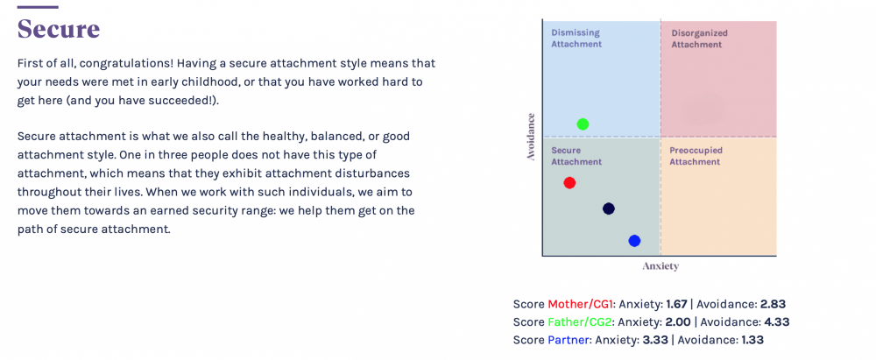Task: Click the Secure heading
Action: click(59, 29)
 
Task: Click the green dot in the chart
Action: click(583, 124)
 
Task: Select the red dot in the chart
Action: click(569, 182)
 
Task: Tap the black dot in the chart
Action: click(609, 209)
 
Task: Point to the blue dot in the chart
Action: click(634, 241)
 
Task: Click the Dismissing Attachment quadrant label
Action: click(576, 38)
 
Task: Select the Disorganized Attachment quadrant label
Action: click(699, 38)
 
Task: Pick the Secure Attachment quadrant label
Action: click(576, 156)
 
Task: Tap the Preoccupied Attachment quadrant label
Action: click(696, 156)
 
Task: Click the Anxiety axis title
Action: click(661, 266)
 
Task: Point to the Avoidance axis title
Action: click(531, 138)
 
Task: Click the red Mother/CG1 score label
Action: click(581, 305)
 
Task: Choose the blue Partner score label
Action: click(568, 339)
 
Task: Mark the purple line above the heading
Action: click(38, 7)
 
